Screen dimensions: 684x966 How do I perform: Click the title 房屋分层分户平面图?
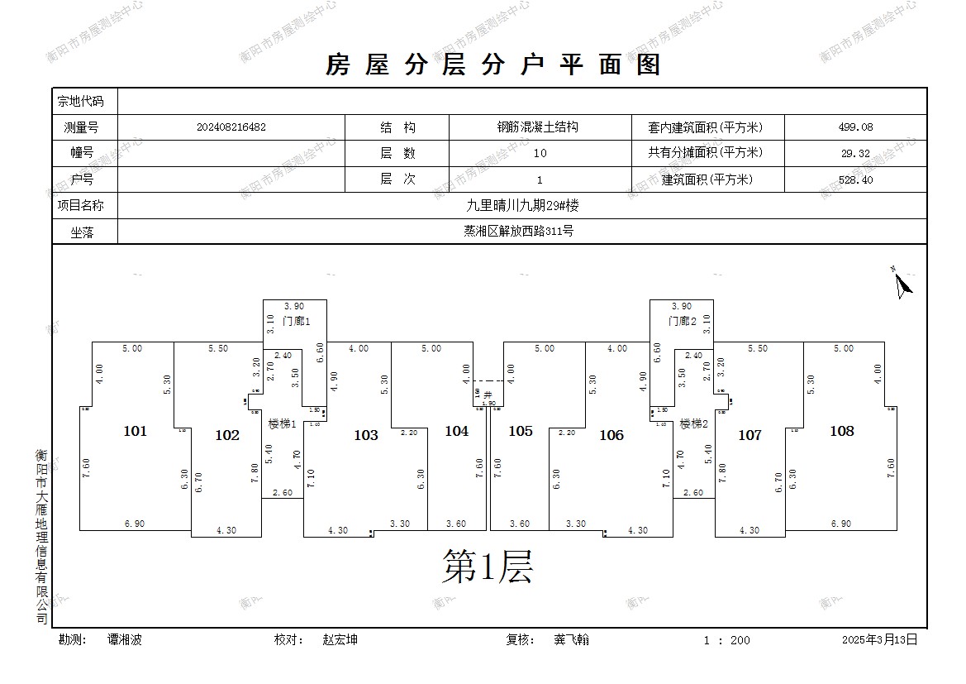[x=493, y=65]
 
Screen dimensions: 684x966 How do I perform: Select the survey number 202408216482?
[x=231, y=127]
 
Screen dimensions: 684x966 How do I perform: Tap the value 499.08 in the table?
[x=854, y=127]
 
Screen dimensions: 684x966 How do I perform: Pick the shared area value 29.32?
[x=854, y=153]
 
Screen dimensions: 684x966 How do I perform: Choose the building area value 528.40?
[x=854, y=179]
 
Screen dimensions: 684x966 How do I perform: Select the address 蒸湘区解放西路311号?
[x=517, y=232]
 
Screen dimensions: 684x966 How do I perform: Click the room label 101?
[x=135, y=431]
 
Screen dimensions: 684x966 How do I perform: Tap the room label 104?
[x=456, y=431]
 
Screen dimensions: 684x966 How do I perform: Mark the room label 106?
[x=611, y=435]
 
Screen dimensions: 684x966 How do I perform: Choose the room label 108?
[x=841, y=431]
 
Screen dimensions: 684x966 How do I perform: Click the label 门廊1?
[x=296, y=321]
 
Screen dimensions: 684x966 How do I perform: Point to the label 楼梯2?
[x=695, y=424]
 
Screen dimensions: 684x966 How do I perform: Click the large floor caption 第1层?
[x=487, y=567]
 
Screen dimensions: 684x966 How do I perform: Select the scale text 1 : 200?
[x=726, y=640]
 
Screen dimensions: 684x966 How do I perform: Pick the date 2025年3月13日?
[x=879, y=639]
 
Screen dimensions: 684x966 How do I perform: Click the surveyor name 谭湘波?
[x=125, y=639]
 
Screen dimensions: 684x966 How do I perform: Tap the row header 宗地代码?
[x=80, y=101]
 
